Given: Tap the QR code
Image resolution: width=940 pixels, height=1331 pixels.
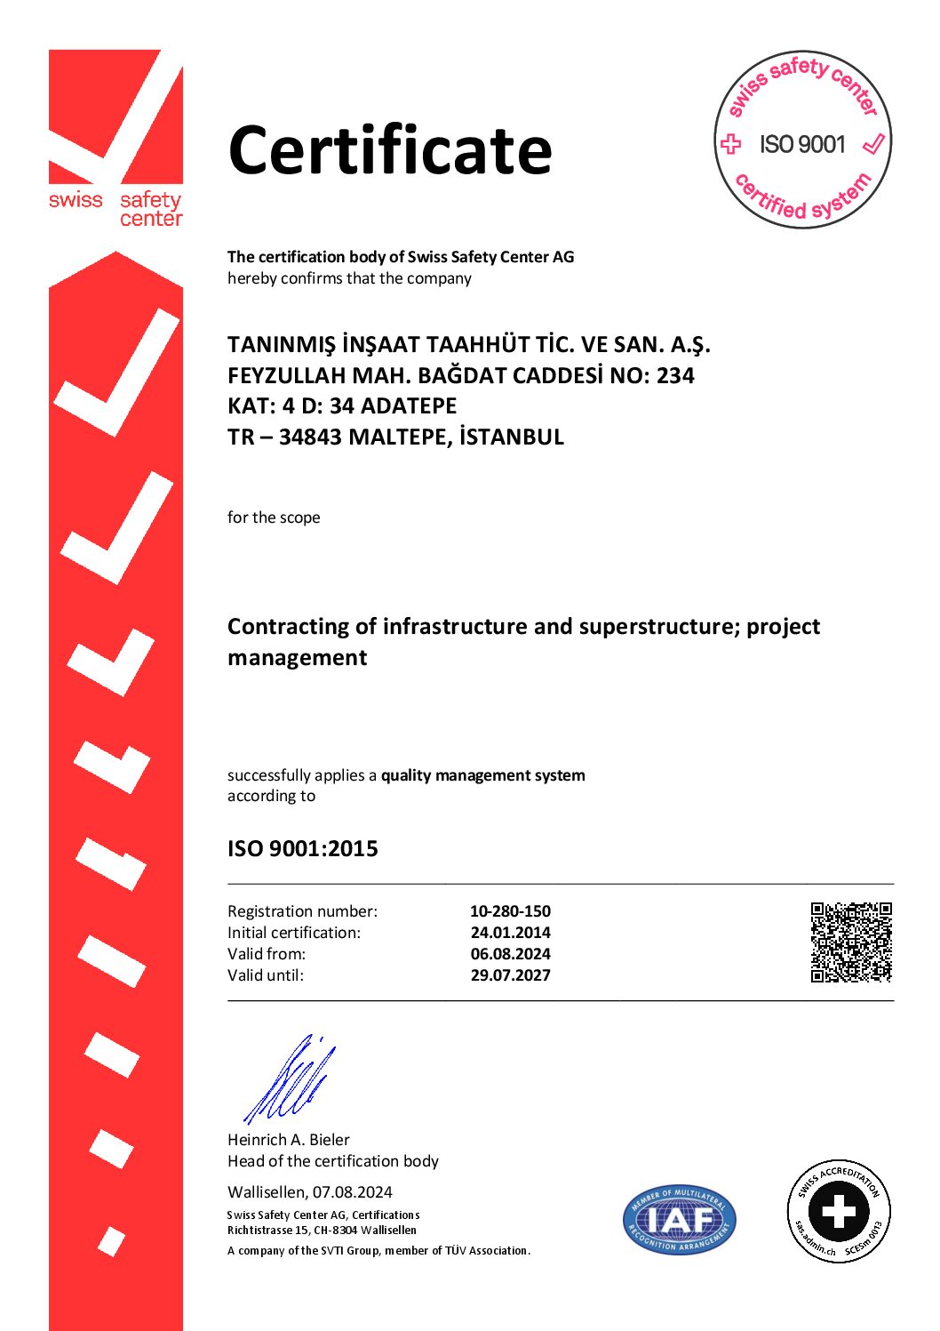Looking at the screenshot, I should pyautogui.click(x=850, y=942).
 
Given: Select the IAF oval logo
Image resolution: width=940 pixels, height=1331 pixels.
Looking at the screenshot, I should pyautogui.click(x=680, y=1219).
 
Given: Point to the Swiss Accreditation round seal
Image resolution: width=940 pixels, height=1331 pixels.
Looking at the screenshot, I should pyautogui.click(x=839, y=1211).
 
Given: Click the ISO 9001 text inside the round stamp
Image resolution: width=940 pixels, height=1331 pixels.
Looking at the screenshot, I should pyautogui.click(x=802, y=144).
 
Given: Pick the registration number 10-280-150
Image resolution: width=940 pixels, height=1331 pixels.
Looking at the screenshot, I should pyautogui.click(x=510, y=911).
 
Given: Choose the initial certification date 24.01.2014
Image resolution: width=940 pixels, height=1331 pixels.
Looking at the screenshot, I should pyautogui.click(x=510, y=933).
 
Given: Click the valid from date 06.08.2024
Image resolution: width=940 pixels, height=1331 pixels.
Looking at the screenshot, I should pyautogui.click(x=510, y=954).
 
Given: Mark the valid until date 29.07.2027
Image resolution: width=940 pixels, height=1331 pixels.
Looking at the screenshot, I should pyautogui.click(x=510, y=975).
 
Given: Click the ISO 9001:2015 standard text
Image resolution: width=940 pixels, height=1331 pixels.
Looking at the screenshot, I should pyautogui.click(x=303, y=849).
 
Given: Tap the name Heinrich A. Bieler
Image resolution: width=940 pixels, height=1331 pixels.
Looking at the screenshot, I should pyautogui.click(x=289, y=1140).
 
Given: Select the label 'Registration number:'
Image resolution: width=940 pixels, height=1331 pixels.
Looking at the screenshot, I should pyautogui.click(x=302, y=911).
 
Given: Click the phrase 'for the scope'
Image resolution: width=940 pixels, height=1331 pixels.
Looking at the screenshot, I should pyautogui.click(x=274, y=517).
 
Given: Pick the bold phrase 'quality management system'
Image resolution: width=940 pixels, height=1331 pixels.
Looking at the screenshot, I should pyautogui.click(x=483, y=775).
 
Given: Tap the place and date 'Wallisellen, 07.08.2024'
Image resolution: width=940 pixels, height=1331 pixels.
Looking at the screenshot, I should pyautogui.click(x=310, y=1192).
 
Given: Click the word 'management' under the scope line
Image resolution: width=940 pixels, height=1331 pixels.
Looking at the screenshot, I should pyautogui.click(x=298, y=658).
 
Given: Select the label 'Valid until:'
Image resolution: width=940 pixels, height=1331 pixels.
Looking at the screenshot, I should pyautogui.click(x=266, y=975).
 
